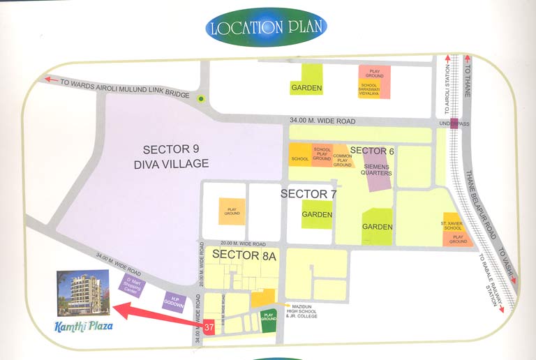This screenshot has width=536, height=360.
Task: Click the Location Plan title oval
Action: [x=267, y=28]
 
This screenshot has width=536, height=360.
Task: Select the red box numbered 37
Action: [x=209, y=327]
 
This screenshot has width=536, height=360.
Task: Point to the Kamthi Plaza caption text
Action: [x=82, y=326]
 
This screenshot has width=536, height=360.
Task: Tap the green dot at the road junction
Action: [x=201, y=99]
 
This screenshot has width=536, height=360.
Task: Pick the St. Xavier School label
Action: [x=452, y=225]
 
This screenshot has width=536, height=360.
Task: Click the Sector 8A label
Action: [x=244, y=255]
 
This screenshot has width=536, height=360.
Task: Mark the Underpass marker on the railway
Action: [x=454, y=124]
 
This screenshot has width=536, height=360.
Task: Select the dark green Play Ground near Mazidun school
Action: [x=269, y=320]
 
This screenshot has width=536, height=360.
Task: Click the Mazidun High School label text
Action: [x=299, y=310]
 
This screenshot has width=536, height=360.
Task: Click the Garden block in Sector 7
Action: [x=317, y=214]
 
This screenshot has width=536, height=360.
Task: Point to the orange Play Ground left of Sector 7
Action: [x=232, y=211]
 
